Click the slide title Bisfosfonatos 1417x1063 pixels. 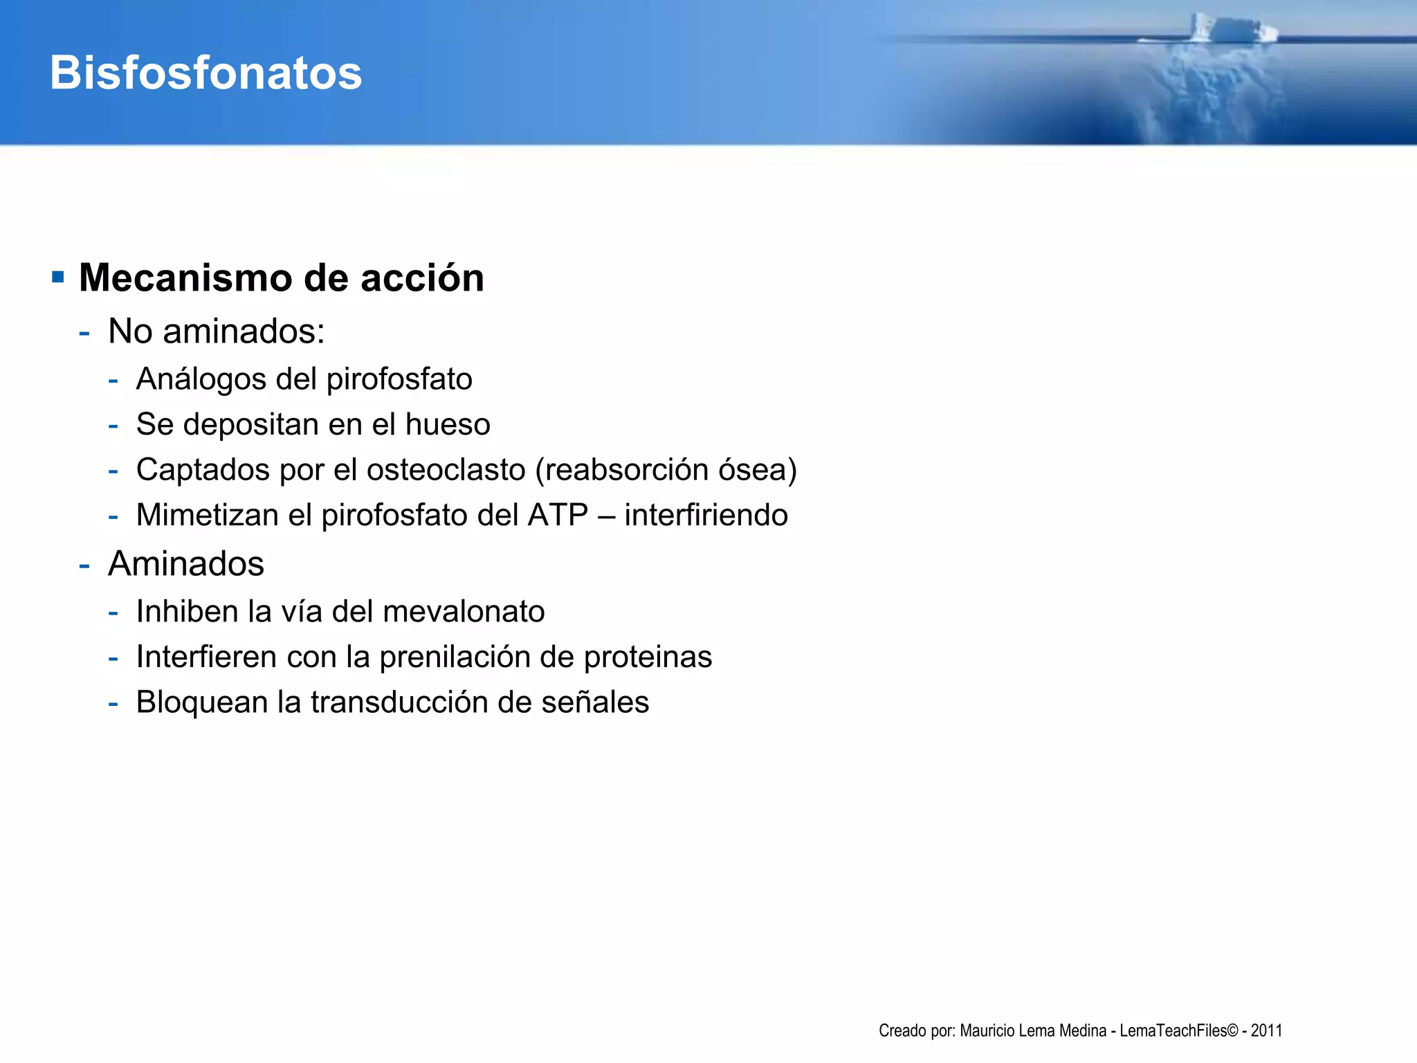[x=205, y=73]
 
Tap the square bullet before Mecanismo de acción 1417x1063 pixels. [x=58, y=278]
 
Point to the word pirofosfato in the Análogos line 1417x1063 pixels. [x=399, y=379]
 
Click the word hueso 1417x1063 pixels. [x=448, y=424]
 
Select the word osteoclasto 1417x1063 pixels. [x=446, y=470]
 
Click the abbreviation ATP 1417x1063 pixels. [x=558, y=515]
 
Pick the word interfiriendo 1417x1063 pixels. [x=706, y=515]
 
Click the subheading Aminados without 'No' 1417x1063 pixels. [x=186, y=563]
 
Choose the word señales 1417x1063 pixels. [x=595, y=702]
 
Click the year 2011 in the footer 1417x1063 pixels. [x=1266, y=1030]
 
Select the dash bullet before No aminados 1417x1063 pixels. [x=84, y=332]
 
